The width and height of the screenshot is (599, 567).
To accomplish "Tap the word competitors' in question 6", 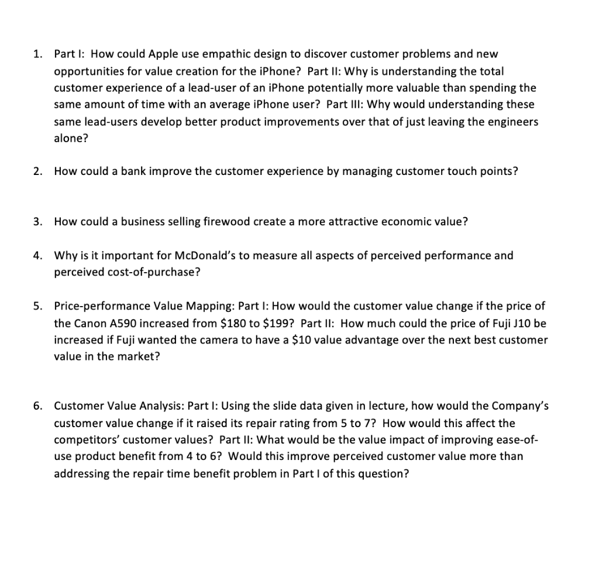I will coord(82,440).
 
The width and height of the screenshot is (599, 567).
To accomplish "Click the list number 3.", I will coord(36,222).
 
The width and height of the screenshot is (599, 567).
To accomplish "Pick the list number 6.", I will coord(36,406).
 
